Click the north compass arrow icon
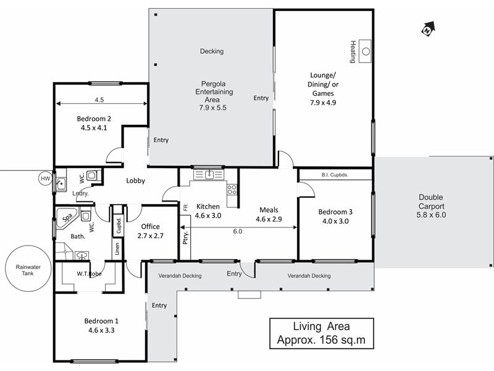[x=427, y=28]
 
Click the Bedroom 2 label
[x=94, y=119]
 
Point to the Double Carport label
[x=430, y=202]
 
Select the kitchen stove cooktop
[x=232, y=190]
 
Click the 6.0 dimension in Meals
[x=238, y=231]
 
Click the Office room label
[x=151, y=226]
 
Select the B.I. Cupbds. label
[x=335, y=175]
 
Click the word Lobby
[x=135, y=181]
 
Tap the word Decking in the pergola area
[x=212, y=51]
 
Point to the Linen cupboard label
[x=116, y=249]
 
